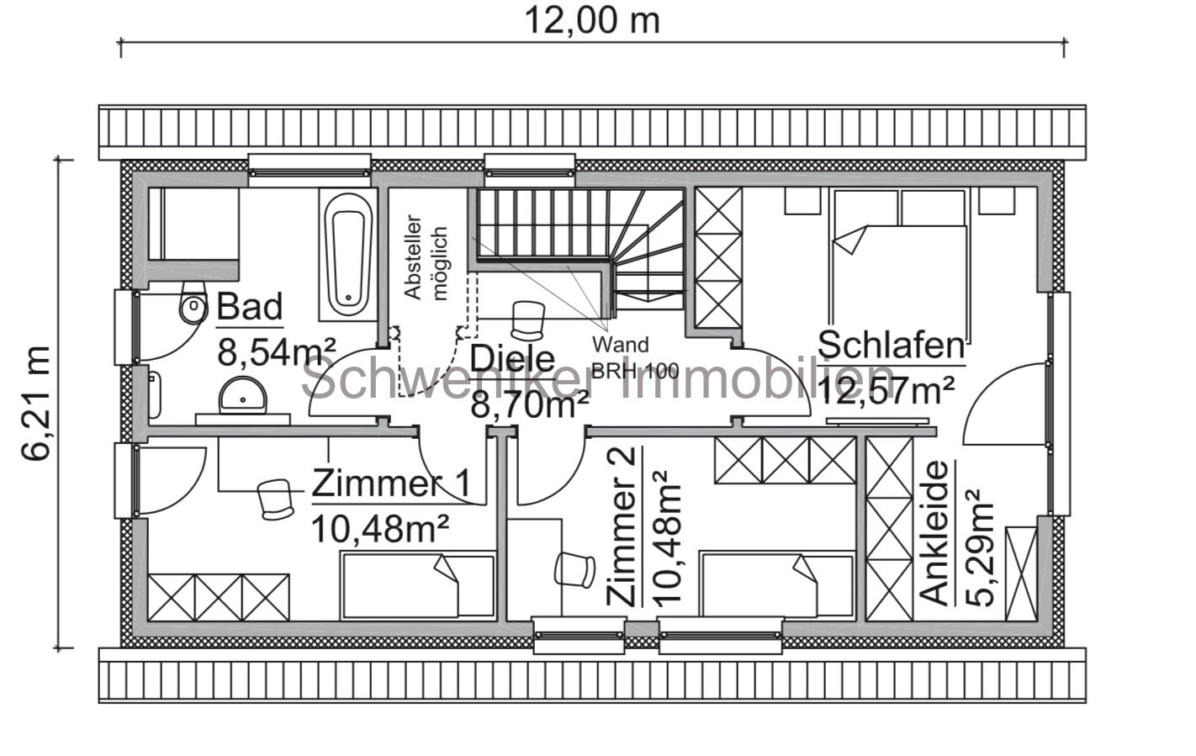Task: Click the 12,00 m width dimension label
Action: (592, 20)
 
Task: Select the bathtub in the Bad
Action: (347, 255)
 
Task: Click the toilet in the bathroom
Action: (193, 308)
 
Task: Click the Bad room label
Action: (250, 308)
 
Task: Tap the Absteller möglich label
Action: (426, 251)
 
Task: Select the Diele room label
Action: (512, 358)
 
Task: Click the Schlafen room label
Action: (891, 345)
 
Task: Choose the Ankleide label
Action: (935, 532)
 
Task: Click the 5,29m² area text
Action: (980, 547)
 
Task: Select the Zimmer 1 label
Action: (391, 484)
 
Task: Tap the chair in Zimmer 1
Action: (274, 498)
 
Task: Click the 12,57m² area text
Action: (886, 389)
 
